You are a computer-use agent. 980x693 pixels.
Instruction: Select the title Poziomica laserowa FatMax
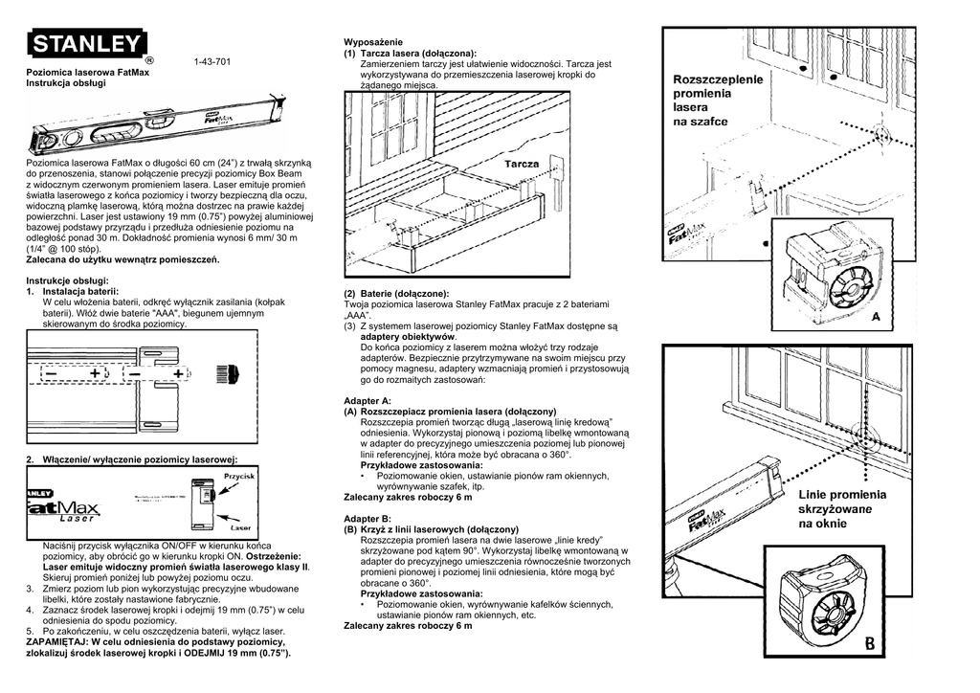87,73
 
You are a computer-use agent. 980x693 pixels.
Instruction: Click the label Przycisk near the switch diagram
238,476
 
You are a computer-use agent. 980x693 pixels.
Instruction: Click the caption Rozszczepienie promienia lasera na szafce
718,101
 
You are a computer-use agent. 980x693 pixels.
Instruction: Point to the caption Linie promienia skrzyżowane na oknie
842,509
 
